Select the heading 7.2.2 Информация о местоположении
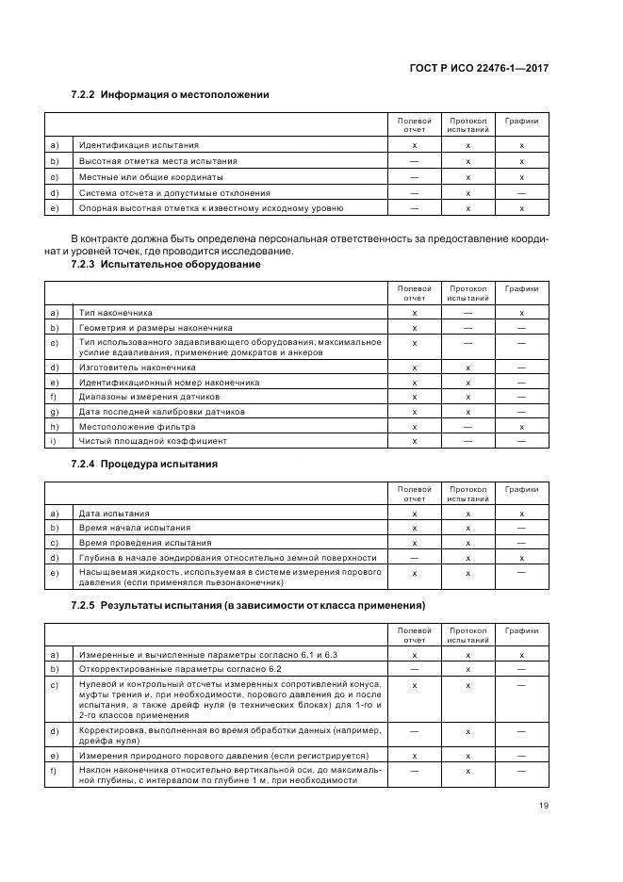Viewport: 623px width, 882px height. pos(171,94)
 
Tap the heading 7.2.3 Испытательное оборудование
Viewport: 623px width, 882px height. pos(166,264)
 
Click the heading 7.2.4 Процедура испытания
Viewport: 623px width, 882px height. pos(144,464)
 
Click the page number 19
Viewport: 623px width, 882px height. pos(543,806)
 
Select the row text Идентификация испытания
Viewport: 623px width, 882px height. pos(139,145)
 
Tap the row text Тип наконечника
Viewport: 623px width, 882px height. pos(116,312)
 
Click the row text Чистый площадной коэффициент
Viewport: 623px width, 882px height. pos(153,440)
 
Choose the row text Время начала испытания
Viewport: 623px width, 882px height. pos(135,528)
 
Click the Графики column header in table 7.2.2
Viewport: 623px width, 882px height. pos(521,121)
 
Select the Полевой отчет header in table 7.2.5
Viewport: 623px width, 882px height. pos(415,634)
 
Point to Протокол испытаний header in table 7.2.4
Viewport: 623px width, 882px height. pos(467,494)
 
